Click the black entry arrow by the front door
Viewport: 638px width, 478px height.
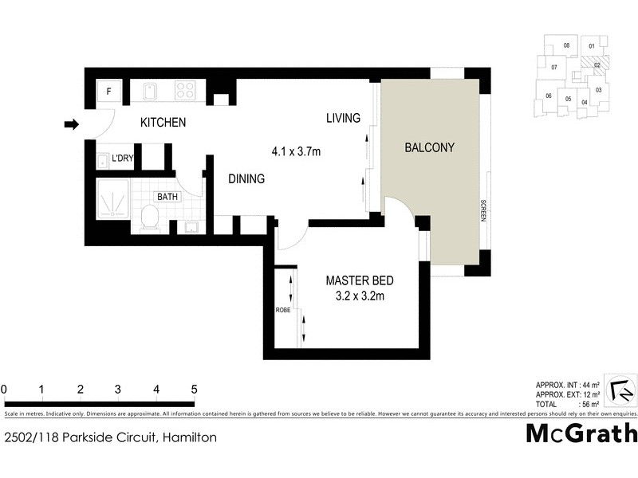tap(72, 124)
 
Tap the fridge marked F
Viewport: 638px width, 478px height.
tap(109, 91)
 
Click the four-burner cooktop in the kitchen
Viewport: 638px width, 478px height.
tap(186, 91)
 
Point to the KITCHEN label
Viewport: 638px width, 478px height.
tap(163, 123)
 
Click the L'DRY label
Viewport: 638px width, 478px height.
tap(122, 159)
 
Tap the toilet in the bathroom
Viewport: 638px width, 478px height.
tap(150, 217)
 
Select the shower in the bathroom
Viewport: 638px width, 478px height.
tap(112, 200)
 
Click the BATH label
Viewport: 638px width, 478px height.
tap(167, 196)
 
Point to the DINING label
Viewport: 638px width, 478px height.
tap(246, 179)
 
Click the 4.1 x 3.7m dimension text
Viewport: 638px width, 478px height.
tap(296, 151)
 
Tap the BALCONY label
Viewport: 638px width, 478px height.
tap(429, 147)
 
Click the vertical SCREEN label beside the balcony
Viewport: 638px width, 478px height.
tap(483, 210)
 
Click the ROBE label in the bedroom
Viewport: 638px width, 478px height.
tap(282, 309)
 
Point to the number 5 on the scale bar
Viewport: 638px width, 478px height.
tap(194, 389)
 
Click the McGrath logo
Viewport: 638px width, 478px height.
tap(581, 433)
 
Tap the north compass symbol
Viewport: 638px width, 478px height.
tap(620, 390)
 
